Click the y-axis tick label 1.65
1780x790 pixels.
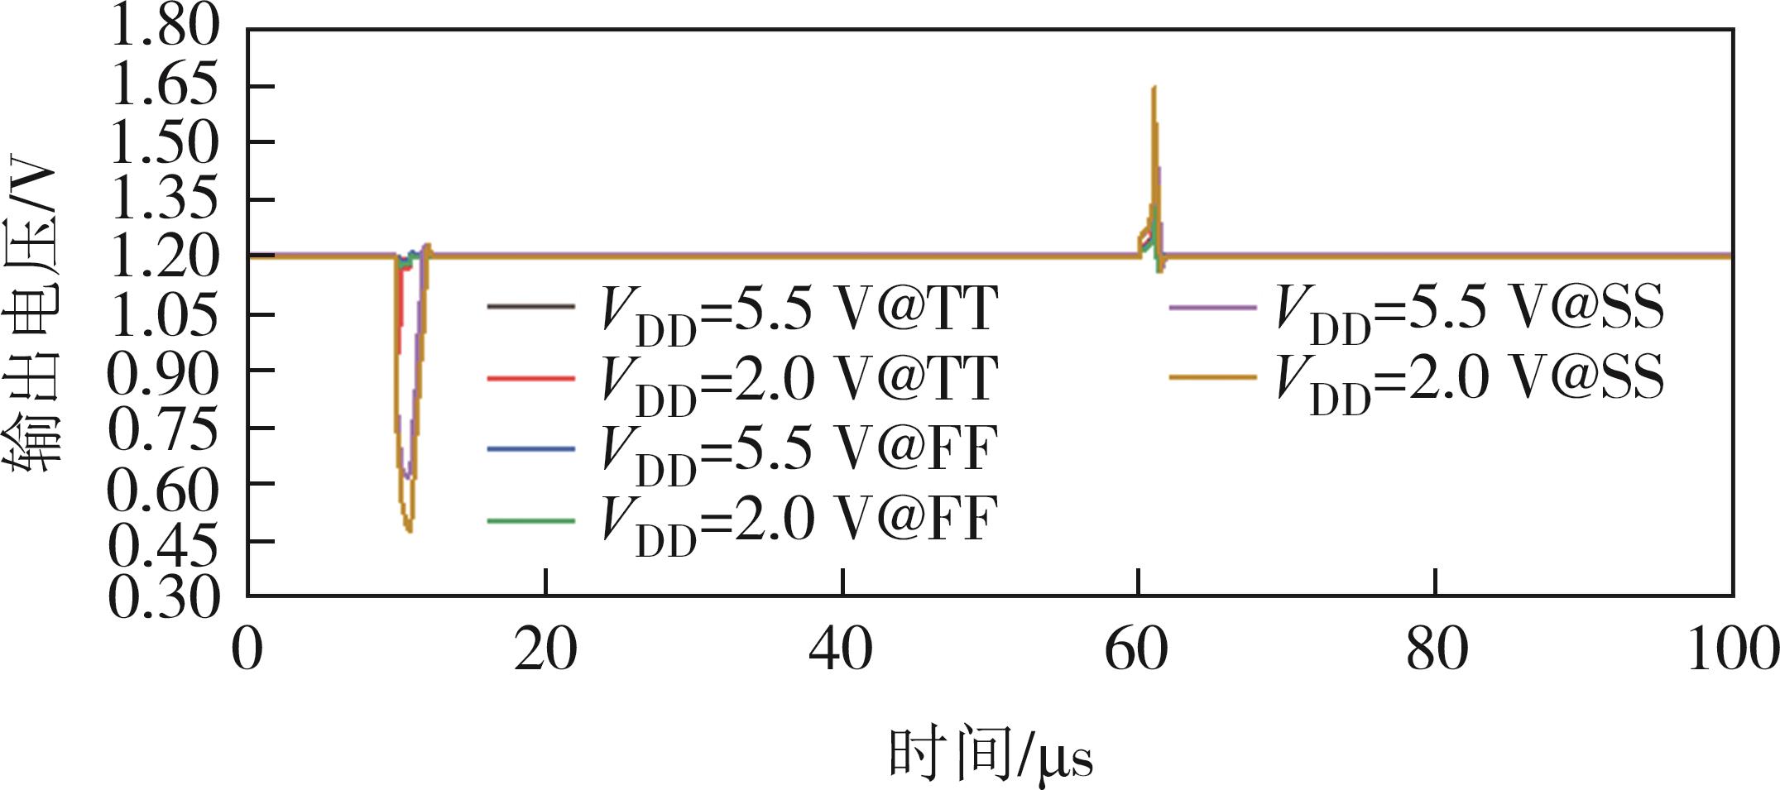pyautogui.click(x=164, y=86)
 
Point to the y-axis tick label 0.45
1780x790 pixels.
pyautogui.click(x=164, y=543)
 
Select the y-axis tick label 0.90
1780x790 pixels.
pyautogui.click(x=164, y=372)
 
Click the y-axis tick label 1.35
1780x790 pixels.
pyautogui.click(x=164, y=200)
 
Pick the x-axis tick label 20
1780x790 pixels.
pyautogui.click(x=545, y=650)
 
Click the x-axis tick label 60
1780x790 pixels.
pyautogui.click(x=1138, y=650)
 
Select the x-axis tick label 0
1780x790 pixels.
pyautogui.click(x=247, y=650)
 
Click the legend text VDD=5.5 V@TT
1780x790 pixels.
pyautogui.click(x=799, y=311)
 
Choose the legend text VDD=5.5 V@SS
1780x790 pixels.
pyautogui.click(x=1470, y=311)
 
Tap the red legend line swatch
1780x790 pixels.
pyautogui.click(x=530, y=379)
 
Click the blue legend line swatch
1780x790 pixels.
pyautogui.click(x=530, y=448)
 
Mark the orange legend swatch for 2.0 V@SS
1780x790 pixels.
pyautogui.click(x=1211, y=379)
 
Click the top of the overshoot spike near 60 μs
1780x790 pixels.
pyautogui.click(x=1154, y=88)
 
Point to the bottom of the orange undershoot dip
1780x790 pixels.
pyautogui.click(x=409, y=530)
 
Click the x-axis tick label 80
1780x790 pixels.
pyautogui.click(x=1435, y=650)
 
